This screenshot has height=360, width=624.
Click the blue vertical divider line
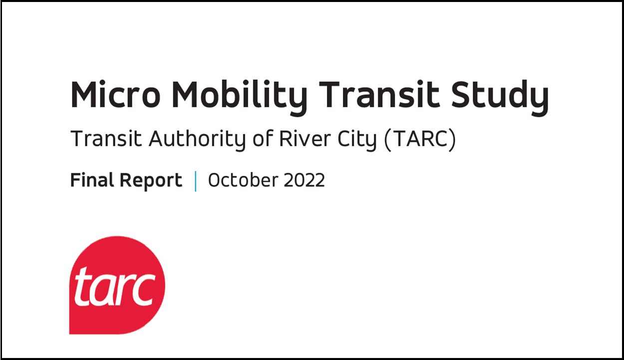(195, 181)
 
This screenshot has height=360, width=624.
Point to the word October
(241, 180)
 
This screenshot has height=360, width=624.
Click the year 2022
(304, 180)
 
